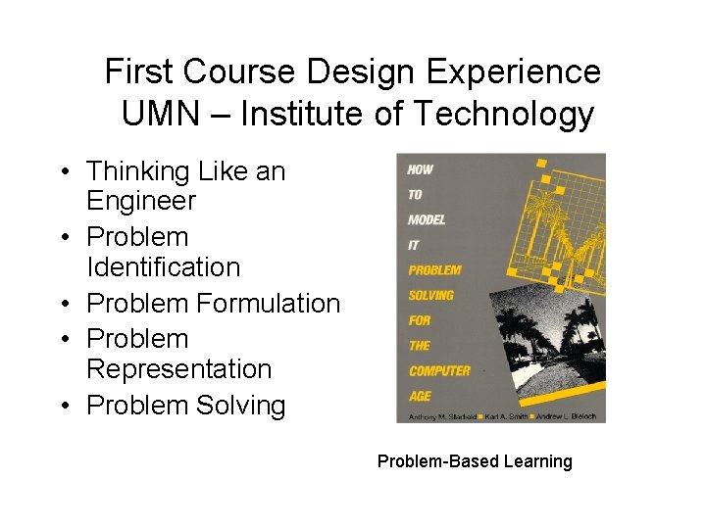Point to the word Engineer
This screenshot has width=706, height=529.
coord(141,202)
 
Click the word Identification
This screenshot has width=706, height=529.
coord(163,267)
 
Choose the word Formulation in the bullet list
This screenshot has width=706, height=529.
coord(268,304)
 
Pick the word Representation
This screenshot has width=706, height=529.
coord(178,369)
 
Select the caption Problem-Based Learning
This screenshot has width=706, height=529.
coord(475,461)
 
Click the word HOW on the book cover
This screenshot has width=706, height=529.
coord(421,169)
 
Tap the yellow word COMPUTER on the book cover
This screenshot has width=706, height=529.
coord(438,371)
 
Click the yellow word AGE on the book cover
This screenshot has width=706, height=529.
coord(420,396)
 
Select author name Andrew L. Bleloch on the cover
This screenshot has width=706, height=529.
coord(568,416)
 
